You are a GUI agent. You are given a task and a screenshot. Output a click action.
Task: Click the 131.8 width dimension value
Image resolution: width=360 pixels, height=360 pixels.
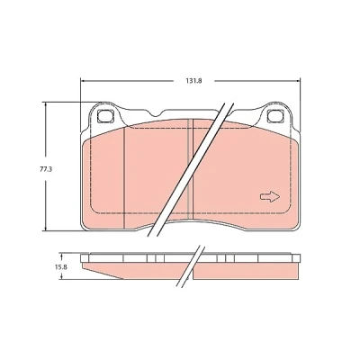(194, 81)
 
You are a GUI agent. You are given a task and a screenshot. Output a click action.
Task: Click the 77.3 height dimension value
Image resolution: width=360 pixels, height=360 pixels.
(46, 169)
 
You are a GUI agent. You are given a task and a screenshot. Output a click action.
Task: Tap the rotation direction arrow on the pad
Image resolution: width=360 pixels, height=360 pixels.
(270, 196)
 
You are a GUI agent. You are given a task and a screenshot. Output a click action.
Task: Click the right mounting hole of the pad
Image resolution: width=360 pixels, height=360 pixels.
(275, 116)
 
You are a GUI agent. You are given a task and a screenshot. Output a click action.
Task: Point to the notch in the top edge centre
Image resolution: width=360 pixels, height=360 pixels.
(156, 114)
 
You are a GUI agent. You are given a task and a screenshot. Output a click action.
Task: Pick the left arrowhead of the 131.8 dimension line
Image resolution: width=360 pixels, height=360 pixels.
(83, 81)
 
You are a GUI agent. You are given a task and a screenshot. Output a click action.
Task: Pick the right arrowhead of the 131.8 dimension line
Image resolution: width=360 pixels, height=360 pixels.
(298, 81)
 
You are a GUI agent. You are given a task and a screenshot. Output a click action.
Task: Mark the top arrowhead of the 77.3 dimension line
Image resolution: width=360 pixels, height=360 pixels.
(45, 104)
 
